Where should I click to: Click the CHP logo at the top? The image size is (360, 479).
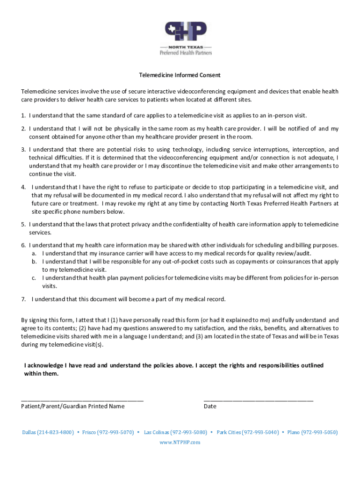(186, 32)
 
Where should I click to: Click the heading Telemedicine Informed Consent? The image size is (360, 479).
(180, 75)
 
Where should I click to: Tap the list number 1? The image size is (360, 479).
(23, 115)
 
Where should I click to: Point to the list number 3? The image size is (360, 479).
(23, 150)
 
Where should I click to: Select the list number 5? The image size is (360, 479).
(23, 225)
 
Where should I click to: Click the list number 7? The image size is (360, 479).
(23, 299)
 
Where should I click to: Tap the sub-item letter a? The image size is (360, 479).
(34, 254)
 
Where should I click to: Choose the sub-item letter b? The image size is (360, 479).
(34, 261)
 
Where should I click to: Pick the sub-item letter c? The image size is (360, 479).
(34, 278)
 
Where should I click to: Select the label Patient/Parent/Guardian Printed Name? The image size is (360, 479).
(72, 406)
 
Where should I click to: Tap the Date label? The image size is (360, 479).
(210, 406)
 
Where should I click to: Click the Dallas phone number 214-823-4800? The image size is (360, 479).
(55, 432)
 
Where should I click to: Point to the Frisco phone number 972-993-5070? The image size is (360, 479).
(115, 432)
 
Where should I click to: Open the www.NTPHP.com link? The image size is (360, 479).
(180, 442)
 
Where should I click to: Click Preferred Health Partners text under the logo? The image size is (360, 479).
(186, 53)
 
